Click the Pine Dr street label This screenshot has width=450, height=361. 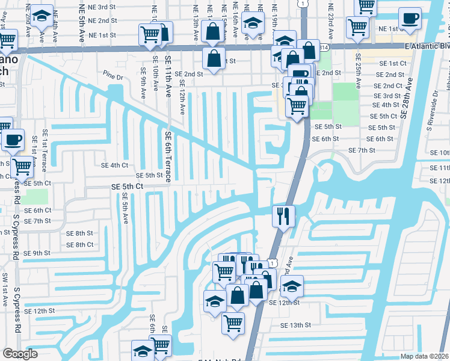(x=112, y=78)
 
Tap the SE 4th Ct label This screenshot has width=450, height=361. (x=114, y=165)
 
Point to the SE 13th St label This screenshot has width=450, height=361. (x=295, y=325)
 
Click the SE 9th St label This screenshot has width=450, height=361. (x=37, y=253)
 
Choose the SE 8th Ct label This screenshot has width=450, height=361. (x=79, y=245)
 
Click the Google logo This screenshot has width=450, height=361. (x=20, y=354)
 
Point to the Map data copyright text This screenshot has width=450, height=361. (x=424, y=356)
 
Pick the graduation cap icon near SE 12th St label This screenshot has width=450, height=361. (x=292, y=285)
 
